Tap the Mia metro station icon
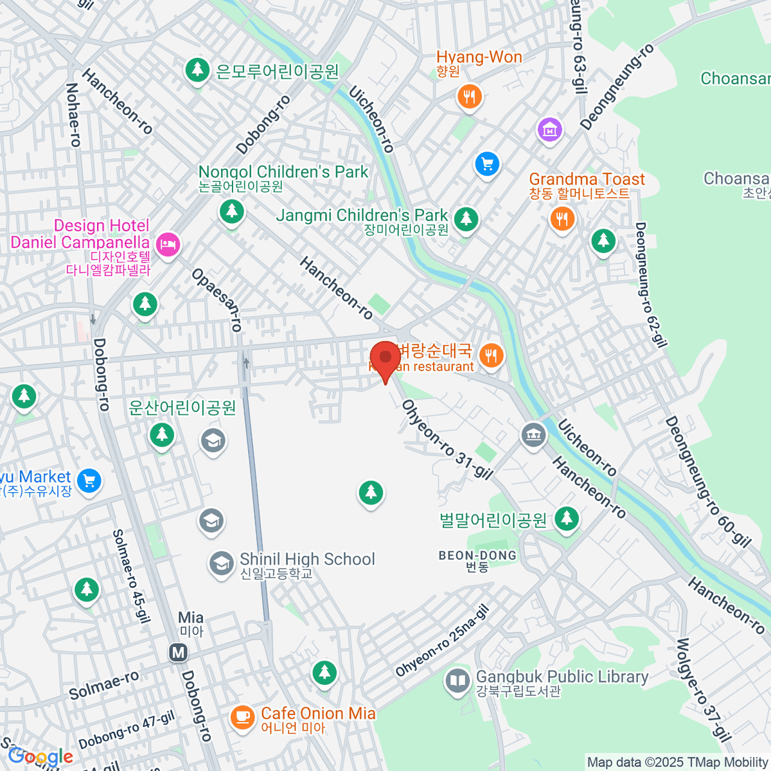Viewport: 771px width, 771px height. (x=178, y=653)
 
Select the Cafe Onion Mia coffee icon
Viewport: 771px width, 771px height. (x=242, y=716)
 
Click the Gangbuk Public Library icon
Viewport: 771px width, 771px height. (x=457, y=681)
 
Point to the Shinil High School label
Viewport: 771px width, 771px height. (x=307, y=560)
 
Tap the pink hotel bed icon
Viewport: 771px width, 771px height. (x=168, y=244)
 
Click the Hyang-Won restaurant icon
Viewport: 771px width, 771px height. (x=470, y=97)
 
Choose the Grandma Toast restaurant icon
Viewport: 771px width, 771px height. (x=562, y=218)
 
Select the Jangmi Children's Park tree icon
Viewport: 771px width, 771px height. (x=466, y=219)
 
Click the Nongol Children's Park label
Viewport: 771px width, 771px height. (x=283, y=172)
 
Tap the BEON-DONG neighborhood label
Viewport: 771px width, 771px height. (x=477, y=556)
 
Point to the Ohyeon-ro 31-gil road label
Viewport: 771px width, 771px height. (x=447, y=439)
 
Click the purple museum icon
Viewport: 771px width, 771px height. (x=549, y=130)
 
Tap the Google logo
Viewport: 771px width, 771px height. (x=40, y=756)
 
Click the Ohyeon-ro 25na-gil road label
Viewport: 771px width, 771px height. (x=442, y=642)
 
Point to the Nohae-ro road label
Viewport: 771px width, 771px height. (x=73, y=115)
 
